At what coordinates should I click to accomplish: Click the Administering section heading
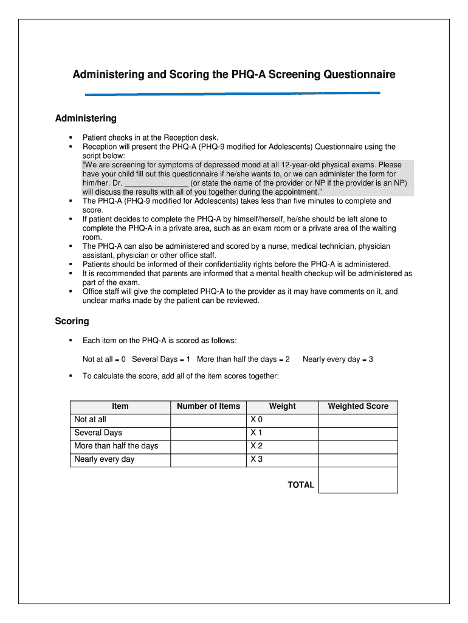pyautogui.click(x=86, y=118)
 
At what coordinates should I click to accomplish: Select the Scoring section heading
pyautogui.click(x=72, y=321)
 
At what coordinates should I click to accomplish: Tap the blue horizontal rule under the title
pyautogui.click(x=232, y=94)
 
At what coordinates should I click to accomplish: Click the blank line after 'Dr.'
pyautogui.click(x=156, y=183)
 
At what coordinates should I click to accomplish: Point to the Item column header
pyautogui.click(x=120, y=406)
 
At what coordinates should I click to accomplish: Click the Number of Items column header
pyautogui.click(x=208, y=406)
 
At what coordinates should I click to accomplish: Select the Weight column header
pyautogui.click(x=282, y=406)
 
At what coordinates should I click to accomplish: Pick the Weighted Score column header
pyautogui.click(x=358, y=406)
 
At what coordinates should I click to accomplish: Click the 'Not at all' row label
pyautogui.click(x=90, y=419)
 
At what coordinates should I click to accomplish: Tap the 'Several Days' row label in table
pyautogui.click(x=98, y=433)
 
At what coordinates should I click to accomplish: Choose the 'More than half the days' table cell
pyautogui.click(x=116, y=446)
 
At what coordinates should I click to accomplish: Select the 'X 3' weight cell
pyautogui.click(x=256, y=459)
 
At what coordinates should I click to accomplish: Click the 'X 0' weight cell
pyautogui.click(x=256, y=419)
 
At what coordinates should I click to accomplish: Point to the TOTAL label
pyautogui.click(x=301, y=485)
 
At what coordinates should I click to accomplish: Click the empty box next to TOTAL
pyautogui.click(x=358, y=479)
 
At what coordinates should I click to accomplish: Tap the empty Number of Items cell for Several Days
pyautogui.click(x=208, y=433)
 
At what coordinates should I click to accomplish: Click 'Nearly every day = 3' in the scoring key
pyautogui.click(x=338, y=359)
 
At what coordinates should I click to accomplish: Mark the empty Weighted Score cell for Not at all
pyautogui.click(x=358, y=419)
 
